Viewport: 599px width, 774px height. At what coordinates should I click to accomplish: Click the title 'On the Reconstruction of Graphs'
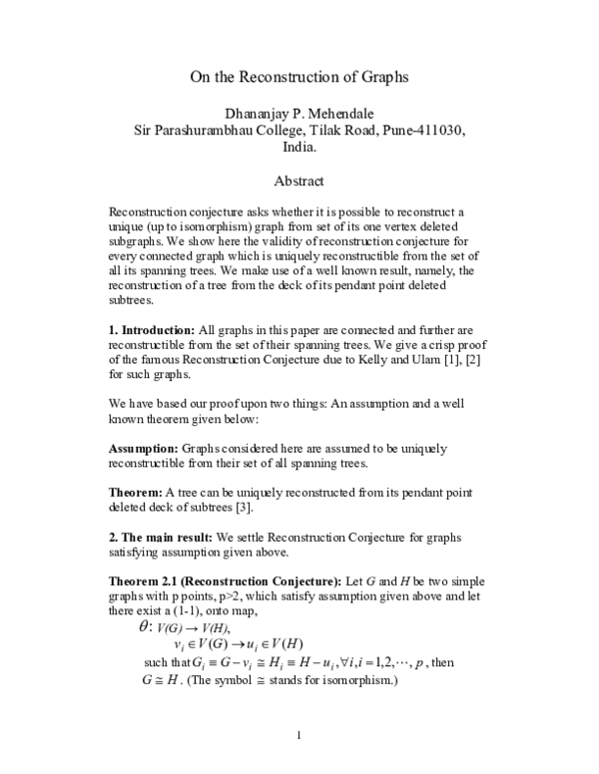coord(299,76)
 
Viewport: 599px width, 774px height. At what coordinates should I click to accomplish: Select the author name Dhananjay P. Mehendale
coord(299,113)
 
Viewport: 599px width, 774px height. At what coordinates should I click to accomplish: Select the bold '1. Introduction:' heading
coord(152,328)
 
